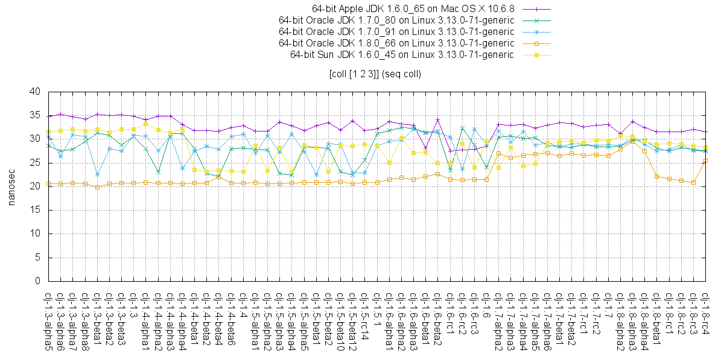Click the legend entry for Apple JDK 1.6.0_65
(x=413, y=9)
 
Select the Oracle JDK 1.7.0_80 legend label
(x=396, y=21)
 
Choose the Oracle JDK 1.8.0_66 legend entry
(x=396, y=43)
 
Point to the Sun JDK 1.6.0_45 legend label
(x=402, y=55)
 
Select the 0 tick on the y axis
(x=37, y=281)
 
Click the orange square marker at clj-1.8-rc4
(x=705, y=161)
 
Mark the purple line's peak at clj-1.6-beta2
(x=437, y=120)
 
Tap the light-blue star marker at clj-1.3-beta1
(x=97, y=174)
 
